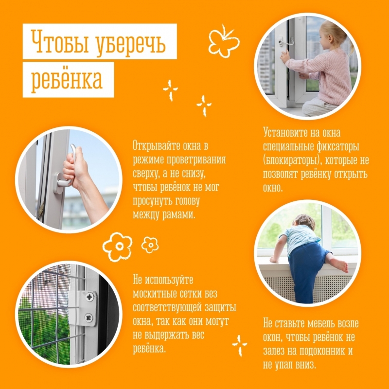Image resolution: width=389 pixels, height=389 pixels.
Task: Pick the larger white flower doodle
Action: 117,247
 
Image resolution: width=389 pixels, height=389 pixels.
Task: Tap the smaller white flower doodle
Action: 150,245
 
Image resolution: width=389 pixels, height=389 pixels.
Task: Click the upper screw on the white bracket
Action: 89,297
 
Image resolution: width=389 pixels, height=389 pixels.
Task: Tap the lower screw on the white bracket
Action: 89,318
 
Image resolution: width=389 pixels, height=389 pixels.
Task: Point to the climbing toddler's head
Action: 304,222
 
